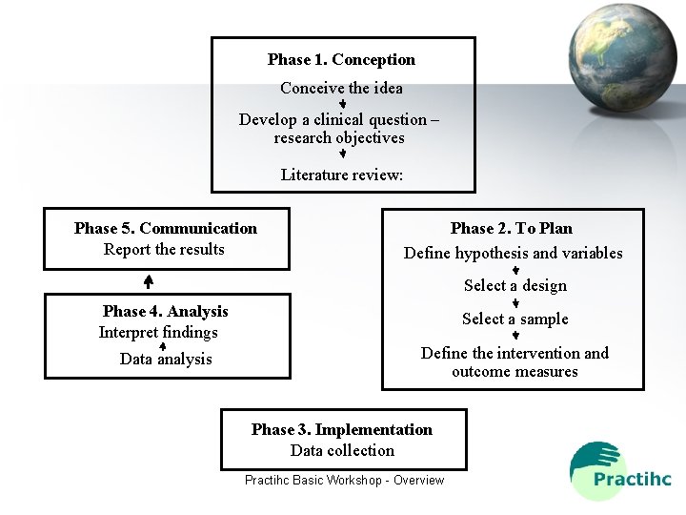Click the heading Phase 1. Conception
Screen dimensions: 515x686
tap(341, 59)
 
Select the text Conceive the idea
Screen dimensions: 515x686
tap(341, 88)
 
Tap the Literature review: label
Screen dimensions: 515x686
tap(342, 175)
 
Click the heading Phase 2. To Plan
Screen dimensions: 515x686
tap(512, 228)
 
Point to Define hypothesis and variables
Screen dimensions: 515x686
tap(513, 253)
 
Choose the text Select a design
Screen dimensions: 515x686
tap(514, 285)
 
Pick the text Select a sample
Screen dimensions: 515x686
tap(514, 319)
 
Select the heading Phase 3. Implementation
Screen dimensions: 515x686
tap(341, 429)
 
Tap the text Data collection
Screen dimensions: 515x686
tap(342, 450)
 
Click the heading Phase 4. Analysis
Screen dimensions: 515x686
tap(166, 311)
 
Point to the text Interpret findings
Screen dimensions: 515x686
tap(158, 332)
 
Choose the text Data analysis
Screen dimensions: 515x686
tap(166, 359)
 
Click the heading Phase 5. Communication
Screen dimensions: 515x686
tap(166, 228)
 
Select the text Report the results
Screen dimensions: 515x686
tap(164, 249)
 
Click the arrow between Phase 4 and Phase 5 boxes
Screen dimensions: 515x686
tap(149, 281)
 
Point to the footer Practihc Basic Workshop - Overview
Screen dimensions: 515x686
tap(344, 480)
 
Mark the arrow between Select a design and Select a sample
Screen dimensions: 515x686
tap(515, 302)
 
